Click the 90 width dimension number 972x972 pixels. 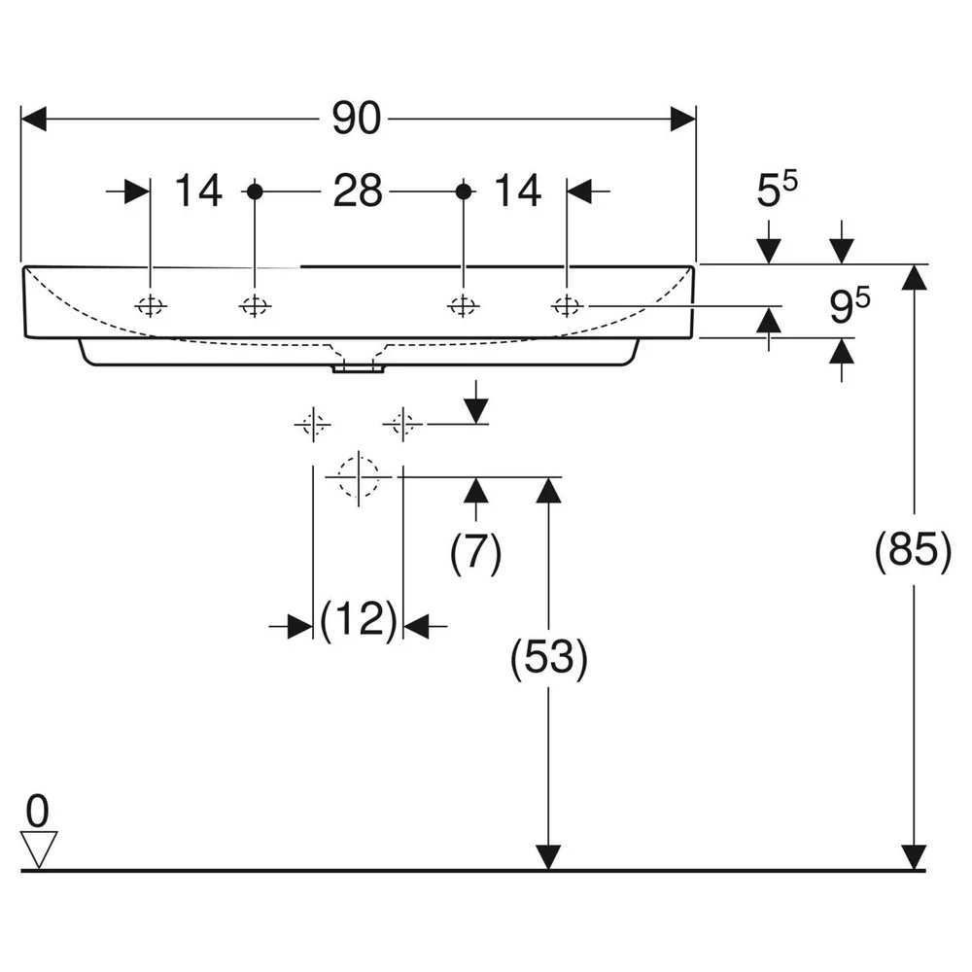(x=357, y=119)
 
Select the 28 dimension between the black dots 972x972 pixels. (x=358, y=191)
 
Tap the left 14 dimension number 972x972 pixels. (x=198, y=191)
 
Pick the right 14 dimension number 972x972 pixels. (x=518, y=191)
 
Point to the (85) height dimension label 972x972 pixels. (x=913, y=550)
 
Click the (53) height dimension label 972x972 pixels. (x=548, y=658)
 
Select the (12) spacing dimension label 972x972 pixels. (x=359, y=620)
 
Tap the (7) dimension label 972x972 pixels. (x=475, y=551)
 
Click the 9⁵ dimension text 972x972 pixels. (x=850, y=305)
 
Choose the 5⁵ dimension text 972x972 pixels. (x=778, y=190)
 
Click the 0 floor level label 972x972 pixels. (x=37, y=811)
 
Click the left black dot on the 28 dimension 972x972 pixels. (x=255, y=191)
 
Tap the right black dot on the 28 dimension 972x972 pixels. (x=464, y=191)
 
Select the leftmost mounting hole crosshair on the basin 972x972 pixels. (x=151, y=306)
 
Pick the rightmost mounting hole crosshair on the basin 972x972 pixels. (x=567, y=306)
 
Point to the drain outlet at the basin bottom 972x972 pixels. (x=359, y=368)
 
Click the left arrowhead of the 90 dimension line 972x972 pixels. (x=33, y=119)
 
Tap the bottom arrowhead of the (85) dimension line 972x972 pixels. (x=914, y=857)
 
